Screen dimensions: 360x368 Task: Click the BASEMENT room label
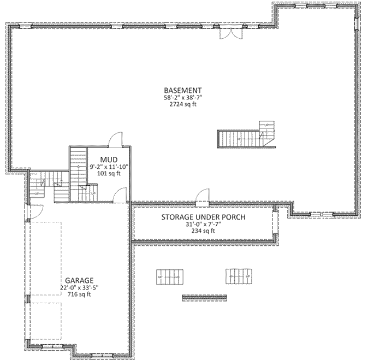tap(183, 90)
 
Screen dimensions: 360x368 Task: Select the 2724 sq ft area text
tap(183, 104)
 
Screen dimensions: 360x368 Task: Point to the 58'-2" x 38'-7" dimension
tap(183, 97)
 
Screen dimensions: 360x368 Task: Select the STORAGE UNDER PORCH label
tap(203, 217)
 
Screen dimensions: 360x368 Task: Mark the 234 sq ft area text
tap(203, 231)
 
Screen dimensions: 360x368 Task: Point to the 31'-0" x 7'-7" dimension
tap(203, 224)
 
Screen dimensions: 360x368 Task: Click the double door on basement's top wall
tap(229, 33)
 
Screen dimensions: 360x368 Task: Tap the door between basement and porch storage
tap(203, 195)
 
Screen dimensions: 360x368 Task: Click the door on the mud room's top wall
tap(115, 140)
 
